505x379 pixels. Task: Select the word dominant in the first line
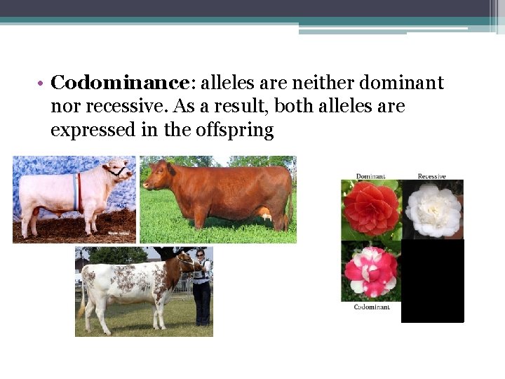click(x=401, y=84)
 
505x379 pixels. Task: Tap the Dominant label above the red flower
click(x=370, y=176)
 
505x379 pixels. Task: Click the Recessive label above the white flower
click(x=431, y=176)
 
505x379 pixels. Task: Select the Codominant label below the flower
click(x=371, y=307)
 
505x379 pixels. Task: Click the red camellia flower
click(x=370, y=209)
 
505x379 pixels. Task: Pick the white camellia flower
click(x=433, y=210)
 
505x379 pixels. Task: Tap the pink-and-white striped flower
click(x=370, y=271)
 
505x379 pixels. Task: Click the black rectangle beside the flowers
click(x=433, y=281)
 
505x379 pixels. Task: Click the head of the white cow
click(x=116, y=171)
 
